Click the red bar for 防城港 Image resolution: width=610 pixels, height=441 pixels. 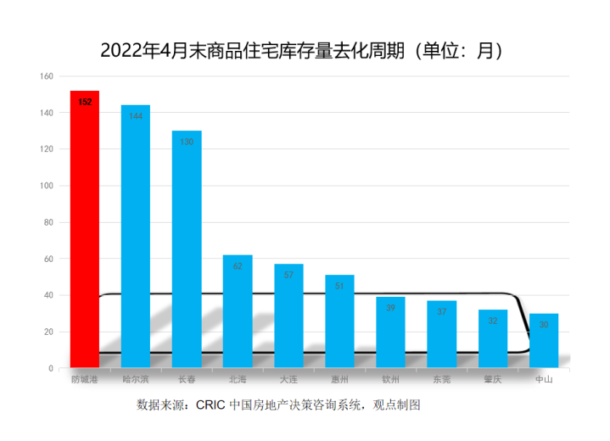tap(85, 229)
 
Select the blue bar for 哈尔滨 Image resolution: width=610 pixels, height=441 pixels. tap(136, 237)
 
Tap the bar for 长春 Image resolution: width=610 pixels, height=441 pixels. tap(187, 249)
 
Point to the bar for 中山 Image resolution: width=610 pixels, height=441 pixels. tap(544, 340)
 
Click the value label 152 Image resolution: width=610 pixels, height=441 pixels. tap(85, 102)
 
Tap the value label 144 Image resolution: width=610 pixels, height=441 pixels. tap(136, 116)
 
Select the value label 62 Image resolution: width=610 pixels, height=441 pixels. tap(238, 266)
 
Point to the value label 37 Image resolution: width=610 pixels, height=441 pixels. tap(441, 311)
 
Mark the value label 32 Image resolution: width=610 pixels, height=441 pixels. tap(493, 321)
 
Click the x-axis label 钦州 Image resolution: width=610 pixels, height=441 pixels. tap(390, 379)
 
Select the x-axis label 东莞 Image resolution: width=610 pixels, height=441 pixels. tap(441, 379)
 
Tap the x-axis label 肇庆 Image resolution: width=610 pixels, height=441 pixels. tap(493, 379)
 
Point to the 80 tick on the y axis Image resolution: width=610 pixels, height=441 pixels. tap(48, 222)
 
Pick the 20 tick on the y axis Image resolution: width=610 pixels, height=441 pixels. tap(48, 332)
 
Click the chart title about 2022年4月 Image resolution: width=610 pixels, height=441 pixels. tap(305, 50)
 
